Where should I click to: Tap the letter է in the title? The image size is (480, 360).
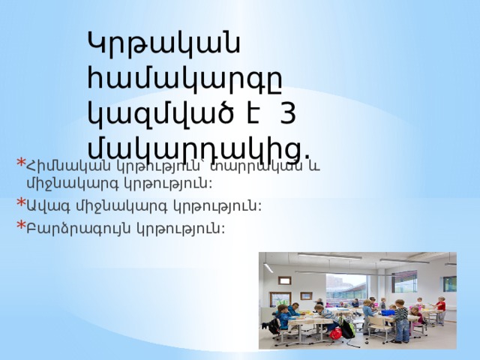tap(251, 112)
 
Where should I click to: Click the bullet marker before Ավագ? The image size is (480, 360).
tap(19, 202)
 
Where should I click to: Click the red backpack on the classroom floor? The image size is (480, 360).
tap(335, 332)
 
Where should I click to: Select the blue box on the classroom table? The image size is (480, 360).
tap(388, 311)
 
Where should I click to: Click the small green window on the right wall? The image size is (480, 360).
tap(448, 283)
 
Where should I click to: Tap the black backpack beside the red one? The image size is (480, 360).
tap(347, 329)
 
